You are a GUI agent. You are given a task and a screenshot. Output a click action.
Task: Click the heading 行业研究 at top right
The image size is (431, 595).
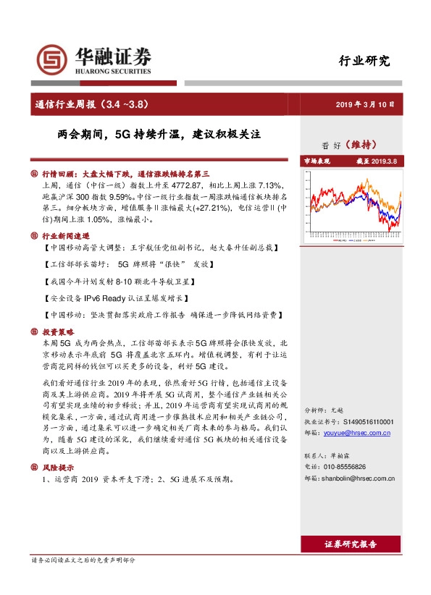point(364,61)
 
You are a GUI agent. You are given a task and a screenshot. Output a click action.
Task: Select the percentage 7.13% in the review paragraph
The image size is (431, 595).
point(272,186)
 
